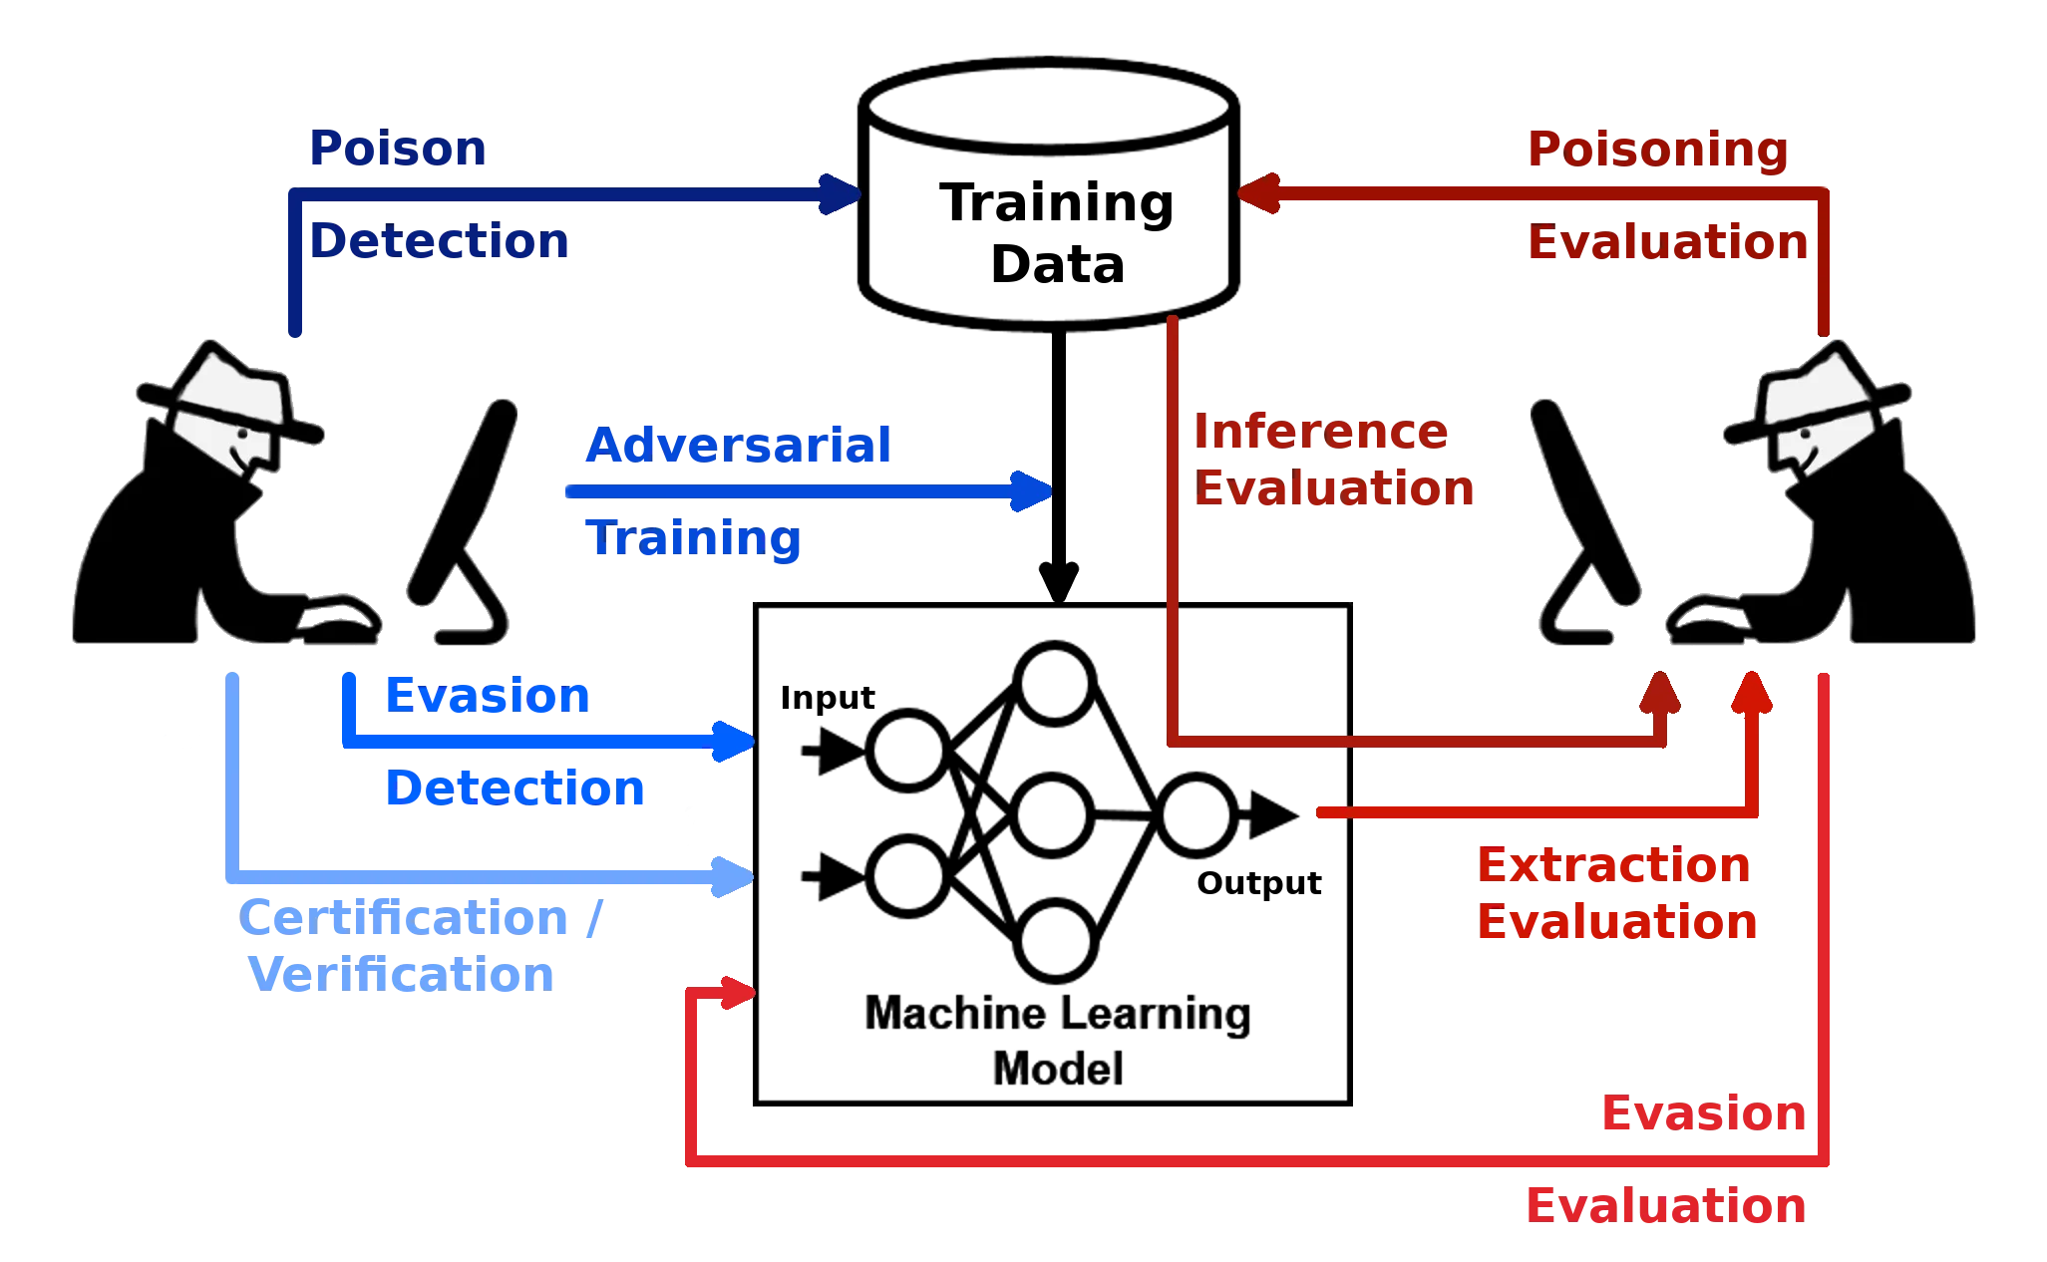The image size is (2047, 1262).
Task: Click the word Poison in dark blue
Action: [397, 150]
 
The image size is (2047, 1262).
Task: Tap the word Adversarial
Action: [738, 445]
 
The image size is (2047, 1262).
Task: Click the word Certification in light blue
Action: [402, 918]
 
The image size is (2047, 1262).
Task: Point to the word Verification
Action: [402, 974]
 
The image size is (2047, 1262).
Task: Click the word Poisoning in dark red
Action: [1656, 150]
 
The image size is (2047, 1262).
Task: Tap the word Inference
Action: [1320, 432]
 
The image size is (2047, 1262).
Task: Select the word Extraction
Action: [1613, 865]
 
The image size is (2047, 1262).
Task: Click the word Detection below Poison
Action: [440, 242]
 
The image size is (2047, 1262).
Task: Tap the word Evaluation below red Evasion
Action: [1665, 1207]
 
